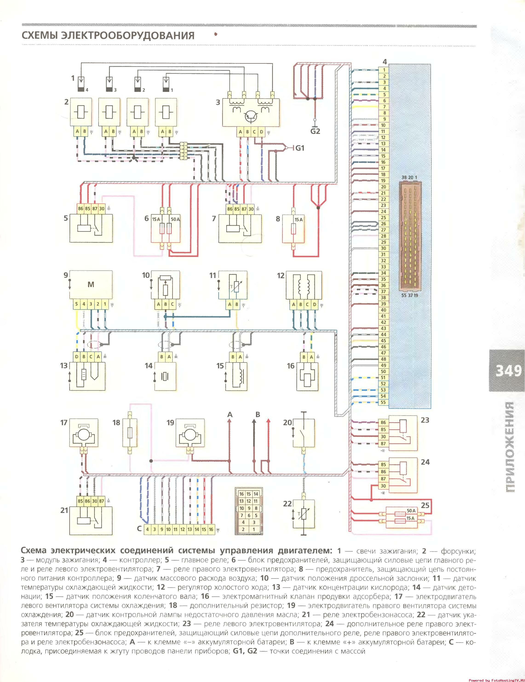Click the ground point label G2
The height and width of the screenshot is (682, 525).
point(315,131)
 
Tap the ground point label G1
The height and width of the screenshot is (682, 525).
point(300,148)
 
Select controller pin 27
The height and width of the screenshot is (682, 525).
point(383,230)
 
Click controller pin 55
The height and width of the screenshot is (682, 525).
point(383,402)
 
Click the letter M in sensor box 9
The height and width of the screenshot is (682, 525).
point(91,285)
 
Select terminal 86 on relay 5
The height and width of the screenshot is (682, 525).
point(80,209)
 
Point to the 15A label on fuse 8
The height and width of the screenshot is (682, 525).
point(298,219)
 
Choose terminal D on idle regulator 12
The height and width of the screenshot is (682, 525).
point(314,305)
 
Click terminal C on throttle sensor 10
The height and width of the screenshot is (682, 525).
point(173,305)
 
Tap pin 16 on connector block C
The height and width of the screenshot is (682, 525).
point(211,529)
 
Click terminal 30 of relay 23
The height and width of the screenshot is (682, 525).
point(383,437)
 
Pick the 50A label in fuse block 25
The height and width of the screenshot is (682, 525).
point(411,511)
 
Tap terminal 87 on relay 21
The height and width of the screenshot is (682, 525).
point(101,501)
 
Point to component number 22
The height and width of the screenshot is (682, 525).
point(287,504)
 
